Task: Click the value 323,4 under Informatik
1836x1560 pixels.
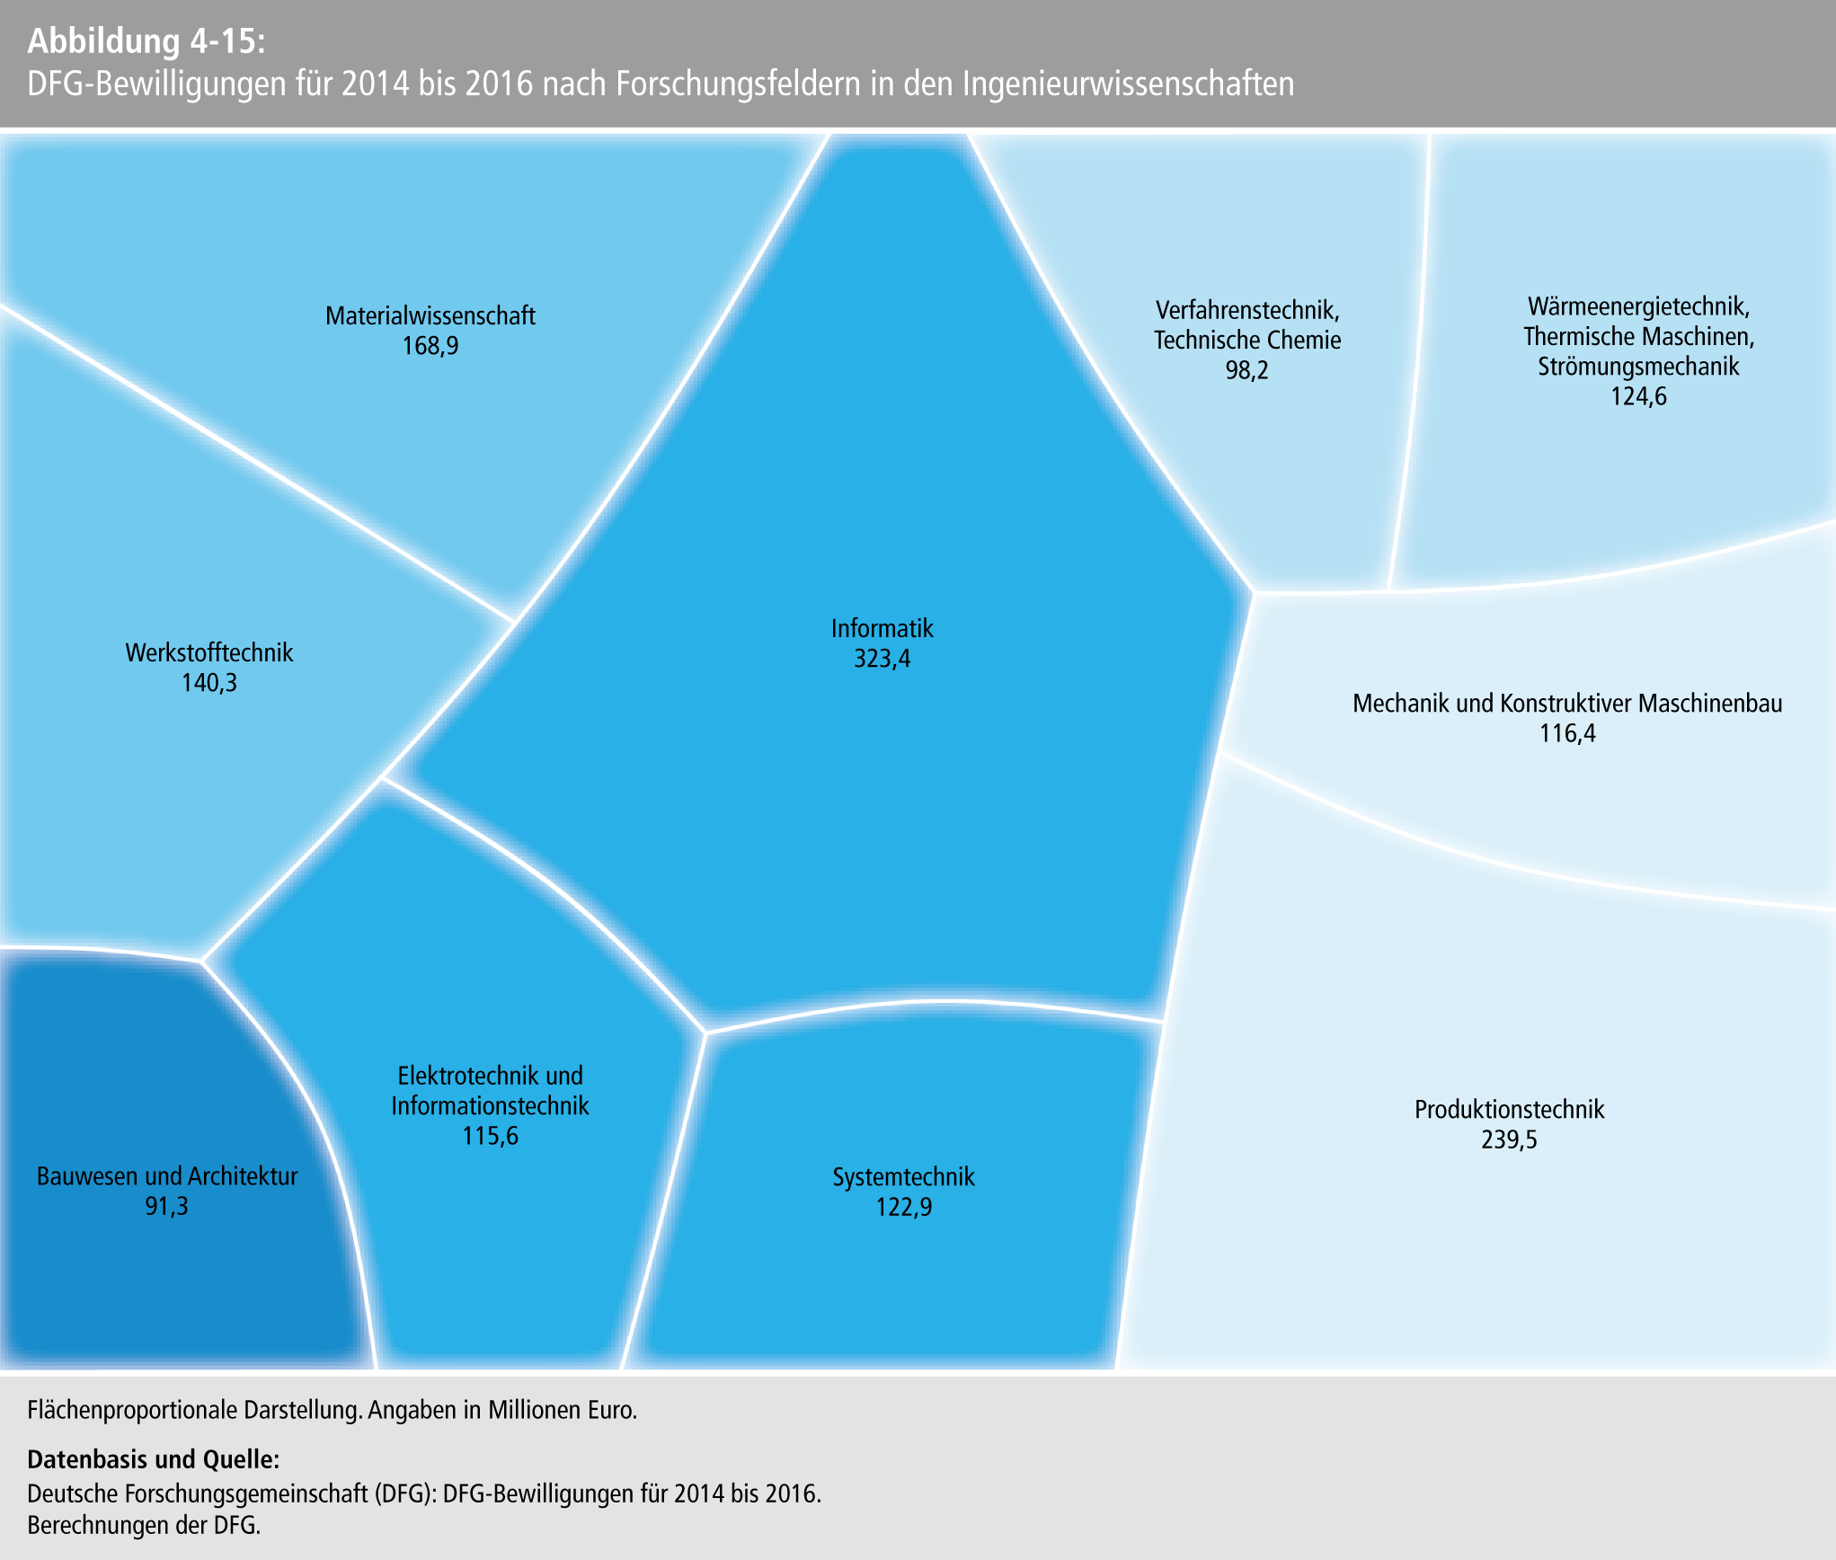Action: coord(882,659)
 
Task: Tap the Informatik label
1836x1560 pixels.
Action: coord(882,628)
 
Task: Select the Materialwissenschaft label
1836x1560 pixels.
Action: coord(430,315)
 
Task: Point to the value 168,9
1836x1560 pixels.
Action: coord(430,346)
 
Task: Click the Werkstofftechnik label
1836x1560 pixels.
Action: coord(208,652)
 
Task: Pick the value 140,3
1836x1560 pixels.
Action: coord(208,683)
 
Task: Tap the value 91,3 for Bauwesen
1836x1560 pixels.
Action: coord(166,1206)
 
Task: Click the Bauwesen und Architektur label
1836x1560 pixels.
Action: coord(166,1175)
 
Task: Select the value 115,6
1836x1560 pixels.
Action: coord(490,1136)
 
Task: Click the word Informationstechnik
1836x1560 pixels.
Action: coord(490,1105)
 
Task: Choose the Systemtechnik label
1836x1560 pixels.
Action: coord(903,1176)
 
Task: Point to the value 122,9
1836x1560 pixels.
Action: coord(903,1207)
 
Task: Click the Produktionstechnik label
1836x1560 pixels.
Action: coord(1509,1109)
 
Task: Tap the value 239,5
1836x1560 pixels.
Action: coord(1509,1139)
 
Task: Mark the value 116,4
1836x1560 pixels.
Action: coord(1567,733)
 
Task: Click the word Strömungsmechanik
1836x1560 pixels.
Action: coord(1637,366)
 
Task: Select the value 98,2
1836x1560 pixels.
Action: coord(1246,370)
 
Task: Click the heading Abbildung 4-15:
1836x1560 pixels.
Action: coord(146,41)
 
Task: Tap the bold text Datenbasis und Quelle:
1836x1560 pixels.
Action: coord(154,1458)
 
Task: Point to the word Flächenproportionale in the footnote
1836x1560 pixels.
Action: coord(133,1410)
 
